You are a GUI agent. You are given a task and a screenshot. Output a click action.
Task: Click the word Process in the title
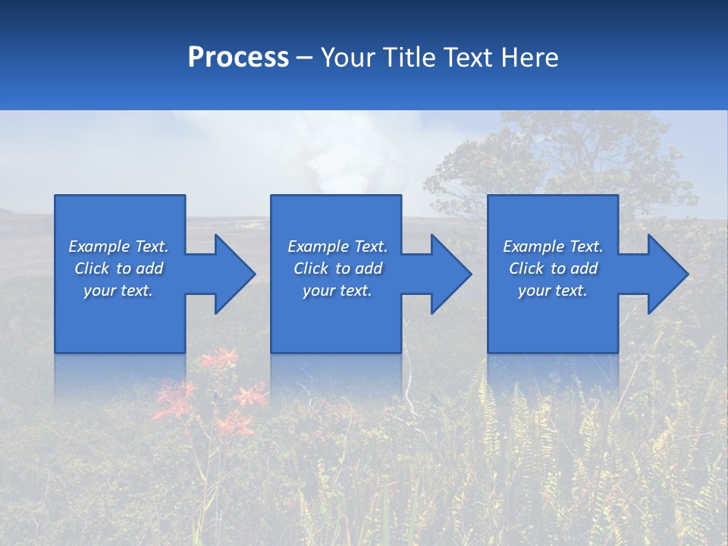coord(238,58)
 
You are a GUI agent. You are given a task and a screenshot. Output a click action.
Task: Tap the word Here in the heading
coord(530,58)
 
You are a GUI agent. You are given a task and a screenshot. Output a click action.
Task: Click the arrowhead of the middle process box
coord(450,274)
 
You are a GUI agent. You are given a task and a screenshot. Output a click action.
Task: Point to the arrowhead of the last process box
coord(667,274)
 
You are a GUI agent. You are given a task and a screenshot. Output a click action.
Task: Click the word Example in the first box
coord(99,246)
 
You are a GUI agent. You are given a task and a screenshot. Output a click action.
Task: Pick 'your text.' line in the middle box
coord(337,290)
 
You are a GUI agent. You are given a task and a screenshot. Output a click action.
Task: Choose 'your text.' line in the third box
coord(552,290)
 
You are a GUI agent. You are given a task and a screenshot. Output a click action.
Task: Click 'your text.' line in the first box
coord(118,290)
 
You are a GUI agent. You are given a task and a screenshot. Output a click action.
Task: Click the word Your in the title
coord(348,58)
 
